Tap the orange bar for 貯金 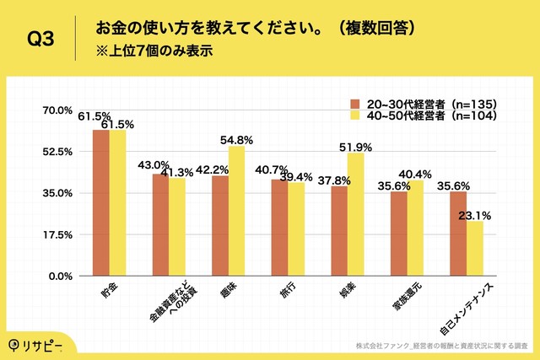click(x=101, y=203)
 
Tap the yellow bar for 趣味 click(x=236, y=211)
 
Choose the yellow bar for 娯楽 click(x=355, y=214)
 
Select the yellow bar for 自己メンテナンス click(x=474, y=249)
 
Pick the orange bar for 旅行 click(x=279, y=228)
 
